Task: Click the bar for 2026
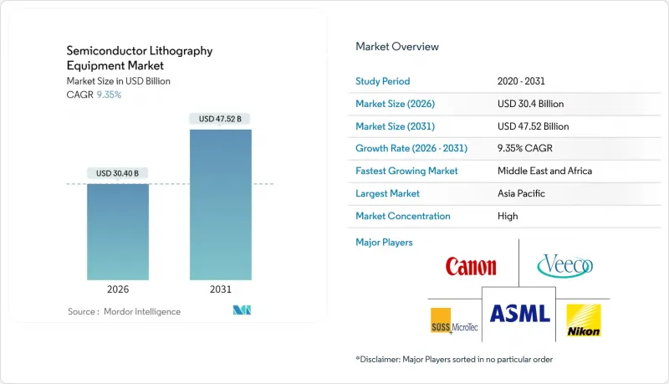pyautogui.click(x=118, y=232)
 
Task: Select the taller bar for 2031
pyautogui.click(x=220, y=204)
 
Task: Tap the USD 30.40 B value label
pyautogui.click(x=118, y=173)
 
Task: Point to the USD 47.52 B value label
pyautogui.click(x=220, y=119)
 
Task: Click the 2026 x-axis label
pyautogui.click(x=118, y=289)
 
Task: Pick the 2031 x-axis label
pyautogui.click(x=220, y=289)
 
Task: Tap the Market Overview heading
pyautogui.click(x=397, y=47)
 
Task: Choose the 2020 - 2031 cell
pyautogui.click(x=520, y=81)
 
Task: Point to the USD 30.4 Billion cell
pyautogui.click(x=530, y=104)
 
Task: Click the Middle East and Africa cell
pyautogui.click(x=544, y=171)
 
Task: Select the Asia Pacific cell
pyautogui.click(x=521, y=193)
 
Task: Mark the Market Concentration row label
pyautogui.click(x=403, y=216)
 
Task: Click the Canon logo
pyautogui.click(x=471, y=267)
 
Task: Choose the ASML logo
pyautogui.click(x=519, y=314)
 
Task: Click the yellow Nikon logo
pyautogui.click(x=582, y=320)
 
